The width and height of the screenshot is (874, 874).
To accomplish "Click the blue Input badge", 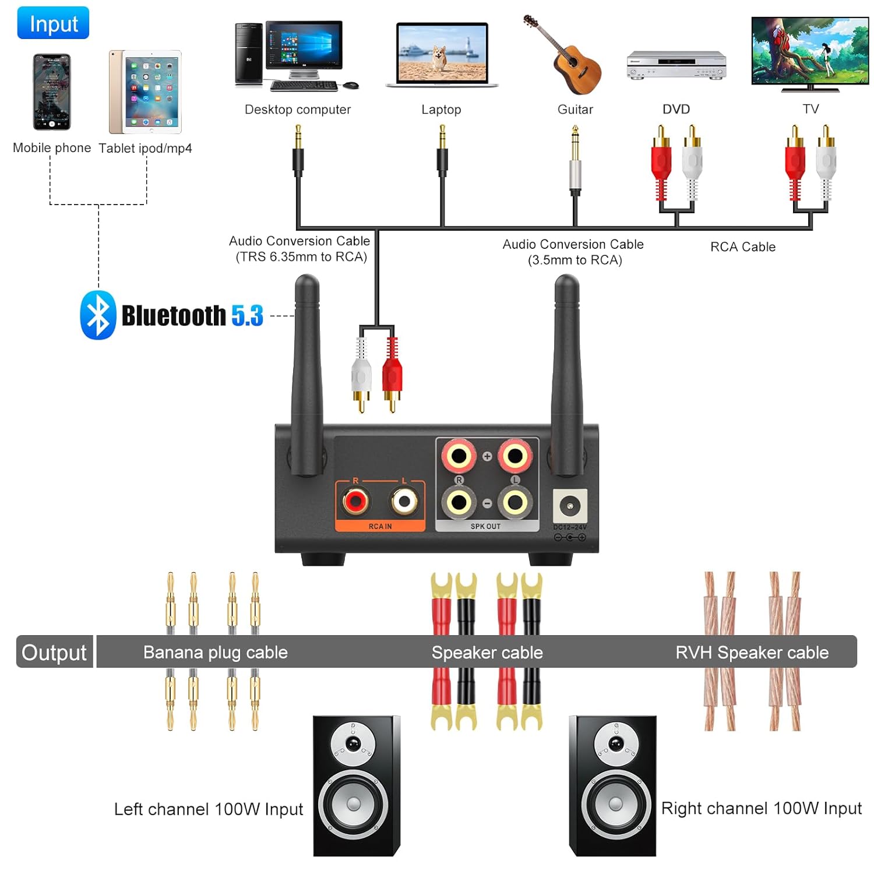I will pyautogui.click(x=53, y=23).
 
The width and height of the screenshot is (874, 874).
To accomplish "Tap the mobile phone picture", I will pyautogui.click(x=52, y=91).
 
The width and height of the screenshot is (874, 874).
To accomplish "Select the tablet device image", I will pyautogui.click(x=145, y=92).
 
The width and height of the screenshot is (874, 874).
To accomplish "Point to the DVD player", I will pyautogui.click(x=676, y=65).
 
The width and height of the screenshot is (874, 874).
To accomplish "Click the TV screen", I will pyautogui.click(x=810, y=50).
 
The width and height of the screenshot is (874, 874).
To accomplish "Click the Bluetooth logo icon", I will pyautogui.click(x=97, y=315).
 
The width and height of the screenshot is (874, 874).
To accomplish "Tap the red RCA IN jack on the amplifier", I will pyautogui.click(x=355, y=501).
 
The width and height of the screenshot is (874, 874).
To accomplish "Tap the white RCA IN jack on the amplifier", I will pyautogui.click(x=404, y=501).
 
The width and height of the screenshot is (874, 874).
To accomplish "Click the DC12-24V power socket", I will pyautogui.click(x=569, y=505).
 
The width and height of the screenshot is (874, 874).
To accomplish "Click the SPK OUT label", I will pyautogui.click(x=485, y=526).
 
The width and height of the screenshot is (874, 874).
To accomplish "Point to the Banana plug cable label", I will pyautogui.click(x=215, y=652).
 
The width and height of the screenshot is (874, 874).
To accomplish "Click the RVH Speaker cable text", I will pyautogui.click(x=752, y=652).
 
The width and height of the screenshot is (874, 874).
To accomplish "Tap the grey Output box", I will pyautogui.click(x=54, y=652).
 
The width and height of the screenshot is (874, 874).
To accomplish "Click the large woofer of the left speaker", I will pyautogui.click(x=354, y=804).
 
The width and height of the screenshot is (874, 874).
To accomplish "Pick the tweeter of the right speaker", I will pyautogui.click(x=616, y=743).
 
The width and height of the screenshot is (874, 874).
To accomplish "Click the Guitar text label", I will pyautogui.click(x=575, y=110).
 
